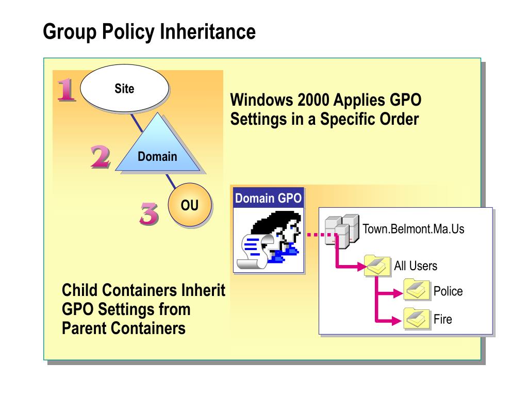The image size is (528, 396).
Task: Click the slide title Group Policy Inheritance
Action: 149,31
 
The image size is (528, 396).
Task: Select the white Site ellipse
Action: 124,89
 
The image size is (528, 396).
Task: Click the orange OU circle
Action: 189,206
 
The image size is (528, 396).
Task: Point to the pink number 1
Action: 66,90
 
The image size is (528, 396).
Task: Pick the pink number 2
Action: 100,157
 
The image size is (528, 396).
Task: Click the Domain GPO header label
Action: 268,199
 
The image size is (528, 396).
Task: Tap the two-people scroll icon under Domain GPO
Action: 270,240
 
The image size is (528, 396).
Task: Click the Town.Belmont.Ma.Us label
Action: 414,229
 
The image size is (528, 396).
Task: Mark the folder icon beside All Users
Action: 377,266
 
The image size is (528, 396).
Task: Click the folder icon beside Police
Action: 417,290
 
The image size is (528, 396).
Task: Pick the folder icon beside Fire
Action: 417,319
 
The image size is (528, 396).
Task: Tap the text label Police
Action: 448,291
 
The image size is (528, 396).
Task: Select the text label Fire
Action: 442,319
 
